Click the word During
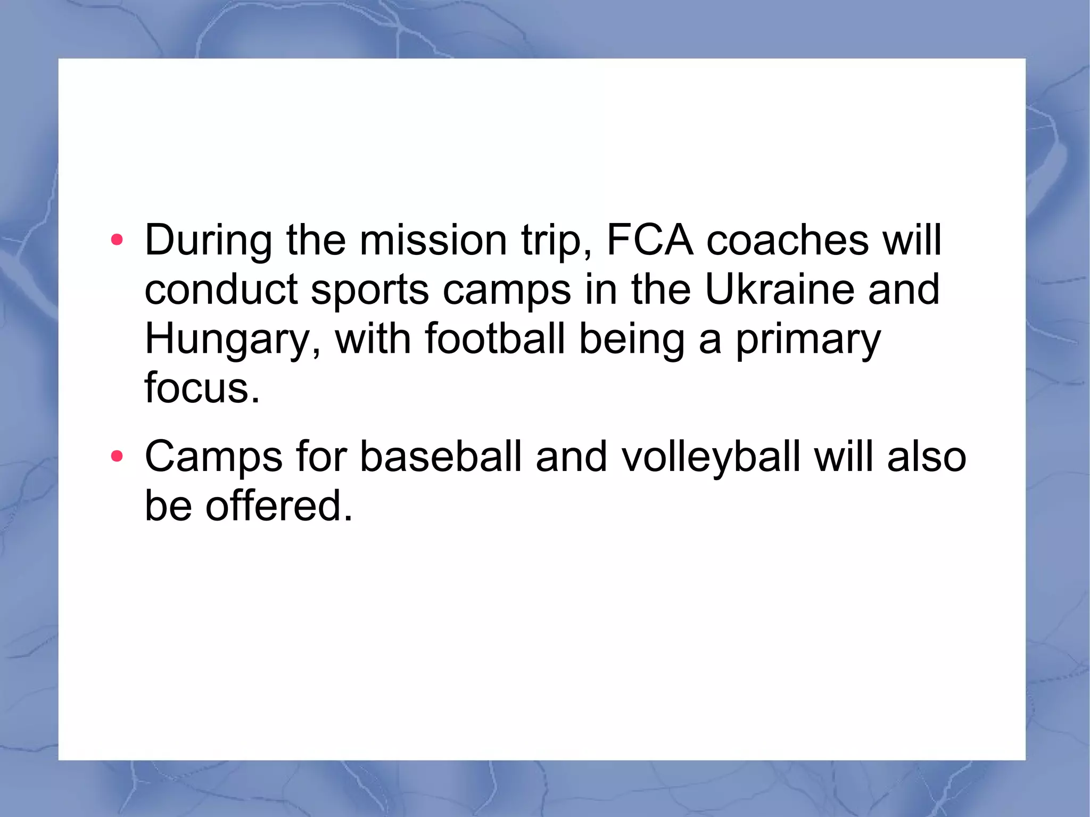[x=208, y=241]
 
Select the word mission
[x=433, y=241]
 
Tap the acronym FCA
[x=650, y=241]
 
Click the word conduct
[x=220, y=290]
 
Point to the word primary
[x=808, y=340]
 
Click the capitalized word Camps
[x=213, y=457]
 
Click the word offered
[x=278, y=506]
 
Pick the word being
[x=632, y=340]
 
